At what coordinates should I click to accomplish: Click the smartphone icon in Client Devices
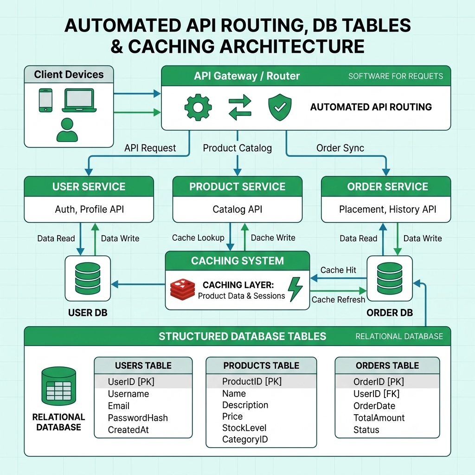pyautogui.click(x=45, y=100)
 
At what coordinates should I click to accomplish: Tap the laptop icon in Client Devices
pyautogui.click(x=79, y=100)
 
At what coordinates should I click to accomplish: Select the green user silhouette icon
pyautogui.click(x=67, y=130)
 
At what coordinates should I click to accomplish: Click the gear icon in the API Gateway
pyautogui.click(x=198, y=107)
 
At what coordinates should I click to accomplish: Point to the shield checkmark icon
pyautogui.click(x=280, y=107)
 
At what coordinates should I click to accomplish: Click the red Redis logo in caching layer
pyautogui.click(x=182, y=289)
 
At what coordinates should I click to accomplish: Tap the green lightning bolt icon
pyautogui.click(x=295, y=289)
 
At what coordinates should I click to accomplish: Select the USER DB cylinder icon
pyautogui.click(x=88, y=278)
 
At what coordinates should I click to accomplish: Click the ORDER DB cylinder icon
pyautogui.click(x=390, y=278)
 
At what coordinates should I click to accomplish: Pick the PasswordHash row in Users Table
pyautogui.click(x=138, y=418)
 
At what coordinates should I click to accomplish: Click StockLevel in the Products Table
pyautogui.click(x=244, y=428)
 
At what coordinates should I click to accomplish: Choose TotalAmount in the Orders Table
pyautogui.click(x=379, y=418)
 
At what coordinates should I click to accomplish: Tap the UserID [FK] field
pyautogui.click(x=377, y=393)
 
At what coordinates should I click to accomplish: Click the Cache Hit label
pyautogui.click(x=338, y=270)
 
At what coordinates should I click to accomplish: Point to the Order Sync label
pyautogui.click(x=340, y=148)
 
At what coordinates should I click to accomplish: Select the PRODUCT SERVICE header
pyautogui.click(x=237, y=186)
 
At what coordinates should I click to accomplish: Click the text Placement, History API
pyautogui.click(x=387, y=209)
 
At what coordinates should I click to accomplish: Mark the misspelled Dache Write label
pyautogui.click(x=273, y=238)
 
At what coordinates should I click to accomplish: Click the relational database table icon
pyautogui.click(x=58, y=386)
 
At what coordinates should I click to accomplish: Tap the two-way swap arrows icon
pyautogui.click(x=240, y=107)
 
